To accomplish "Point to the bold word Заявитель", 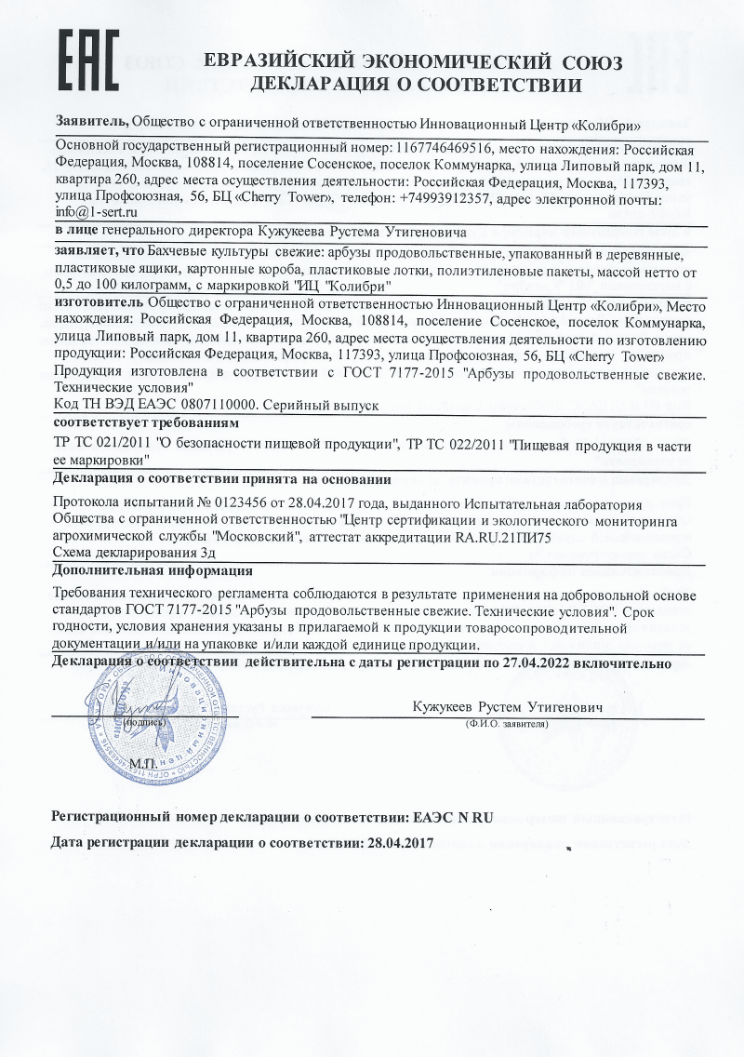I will tap(92, 122).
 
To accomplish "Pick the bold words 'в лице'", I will tap(76, 231).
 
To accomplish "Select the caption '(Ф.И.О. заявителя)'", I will tap(504, 723).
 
